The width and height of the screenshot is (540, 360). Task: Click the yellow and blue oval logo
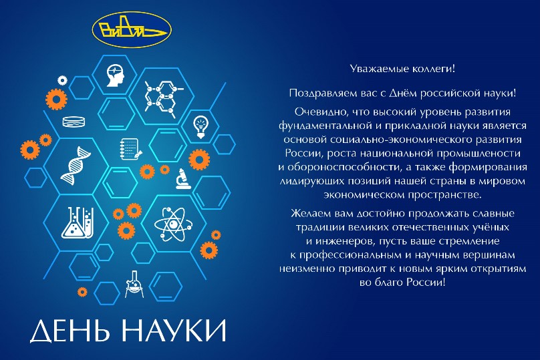[132, 30]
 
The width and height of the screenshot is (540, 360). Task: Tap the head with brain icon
[115, 75]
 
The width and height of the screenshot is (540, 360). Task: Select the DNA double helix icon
[76, 166]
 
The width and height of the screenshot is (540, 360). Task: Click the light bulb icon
[200, 127]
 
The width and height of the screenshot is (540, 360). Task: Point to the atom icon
[171, 224]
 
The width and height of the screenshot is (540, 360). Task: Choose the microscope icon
[183, 179]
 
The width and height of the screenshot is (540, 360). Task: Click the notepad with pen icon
[131, 149]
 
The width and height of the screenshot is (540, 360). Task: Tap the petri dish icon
[74, 122]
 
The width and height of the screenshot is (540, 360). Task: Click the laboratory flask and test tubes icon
[78, 222]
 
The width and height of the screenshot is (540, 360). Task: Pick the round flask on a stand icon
[134, 285]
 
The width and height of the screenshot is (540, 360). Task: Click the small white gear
[62, 80]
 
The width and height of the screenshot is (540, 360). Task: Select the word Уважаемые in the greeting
[375, 69]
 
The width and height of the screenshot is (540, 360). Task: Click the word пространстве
[444, 195]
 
